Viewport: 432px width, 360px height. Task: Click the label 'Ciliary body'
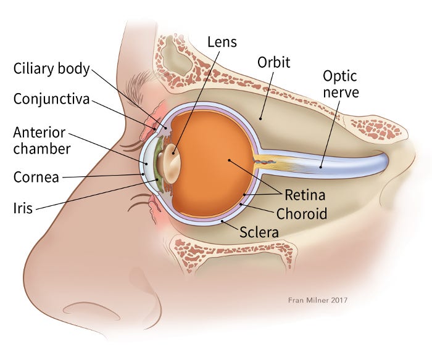click(x=52, y=68)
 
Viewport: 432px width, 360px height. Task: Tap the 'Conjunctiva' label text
click(x=52, y=99)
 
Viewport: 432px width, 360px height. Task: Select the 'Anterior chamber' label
click(x=41, y=140)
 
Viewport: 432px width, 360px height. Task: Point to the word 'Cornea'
click(x=36, y=178)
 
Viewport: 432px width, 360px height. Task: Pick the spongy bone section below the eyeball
click(x=235, y=250)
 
